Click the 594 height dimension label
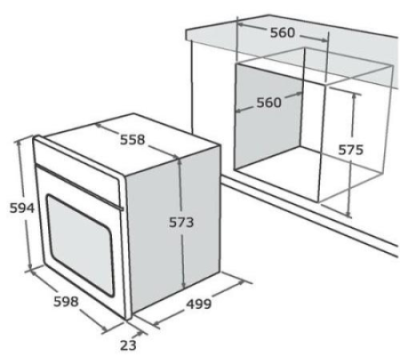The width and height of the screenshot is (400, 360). pyautogui.click(x=22, y=208)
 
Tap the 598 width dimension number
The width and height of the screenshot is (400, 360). pyautogui.click(x=66, y=302)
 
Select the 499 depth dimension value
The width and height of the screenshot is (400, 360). pyautogui.click(x=198, y=304)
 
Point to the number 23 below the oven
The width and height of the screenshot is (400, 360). pyautogui.click(x=128, y=345)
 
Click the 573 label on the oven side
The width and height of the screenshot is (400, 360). pyautogui.click(x=181, y=222)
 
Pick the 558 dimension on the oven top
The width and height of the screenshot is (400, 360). pyautogui.click(x=132, y=139)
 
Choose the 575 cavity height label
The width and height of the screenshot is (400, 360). pyautogui.click(x=350, y=150)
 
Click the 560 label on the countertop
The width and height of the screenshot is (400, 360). pyautogui.click(x=282, y=33)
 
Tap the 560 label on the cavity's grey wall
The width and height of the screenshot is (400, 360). pyautogui.click(x=269, y=102)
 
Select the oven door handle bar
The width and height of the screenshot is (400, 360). pyautogui.click(x=79, y=187)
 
